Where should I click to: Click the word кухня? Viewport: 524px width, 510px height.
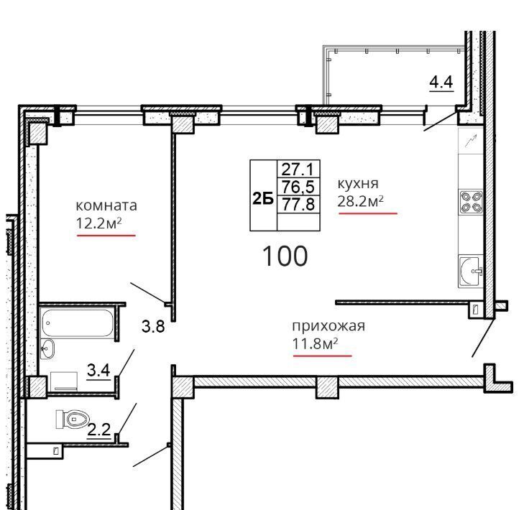[x=358, y=184]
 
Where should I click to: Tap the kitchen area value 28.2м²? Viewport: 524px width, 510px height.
[x=360, y=201]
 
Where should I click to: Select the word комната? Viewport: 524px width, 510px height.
[x=106, y=205]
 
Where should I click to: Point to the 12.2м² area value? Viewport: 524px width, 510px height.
[x=98, y=223]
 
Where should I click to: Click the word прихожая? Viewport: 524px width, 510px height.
[x=328, y=326]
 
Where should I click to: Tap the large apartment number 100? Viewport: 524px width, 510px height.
[x=285, y=256]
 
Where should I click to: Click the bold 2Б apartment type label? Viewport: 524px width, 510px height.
[x=263, y=199]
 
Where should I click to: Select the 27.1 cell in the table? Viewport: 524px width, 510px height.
[x=298, y=169]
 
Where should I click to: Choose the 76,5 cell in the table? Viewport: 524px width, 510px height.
[x=298, y=186]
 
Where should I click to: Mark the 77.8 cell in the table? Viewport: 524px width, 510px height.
[x=298, y=204]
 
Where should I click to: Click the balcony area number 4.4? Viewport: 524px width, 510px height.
[x=441, y=82]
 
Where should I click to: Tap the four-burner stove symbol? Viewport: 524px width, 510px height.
[x=471, y=202]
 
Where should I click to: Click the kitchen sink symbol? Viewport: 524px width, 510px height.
[x=471, y=272]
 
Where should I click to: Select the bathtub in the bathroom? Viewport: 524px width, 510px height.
[x=78, y=323]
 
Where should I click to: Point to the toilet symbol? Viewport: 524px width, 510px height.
[x=73, y=419]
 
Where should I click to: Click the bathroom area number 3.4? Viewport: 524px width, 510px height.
[x=98, y=370]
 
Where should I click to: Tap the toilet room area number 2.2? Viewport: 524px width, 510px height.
[x=99, y=429]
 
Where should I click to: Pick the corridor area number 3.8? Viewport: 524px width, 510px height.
[x=153, y=326]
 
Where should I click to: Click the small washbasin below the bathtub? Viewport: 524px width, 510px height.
[x=47, y=348]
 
